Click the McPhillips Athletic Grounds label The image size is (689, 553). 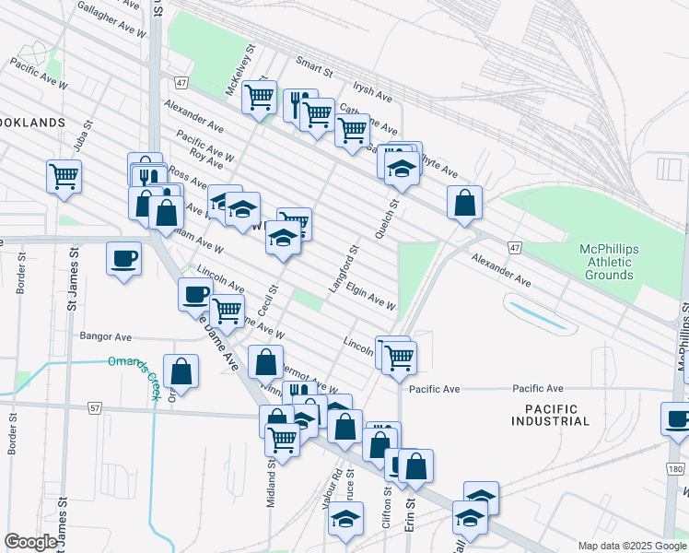click(607, 262)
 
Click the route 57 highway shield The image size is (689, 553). click(95, 406)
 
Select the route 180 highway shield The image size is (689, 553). click(675, 469)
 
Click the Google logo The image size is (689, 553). click(31, 542)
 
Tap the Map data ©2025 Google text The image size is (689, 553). click(631, 546)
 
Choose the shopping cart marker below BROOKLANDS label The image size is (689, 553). click(64, 174)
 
